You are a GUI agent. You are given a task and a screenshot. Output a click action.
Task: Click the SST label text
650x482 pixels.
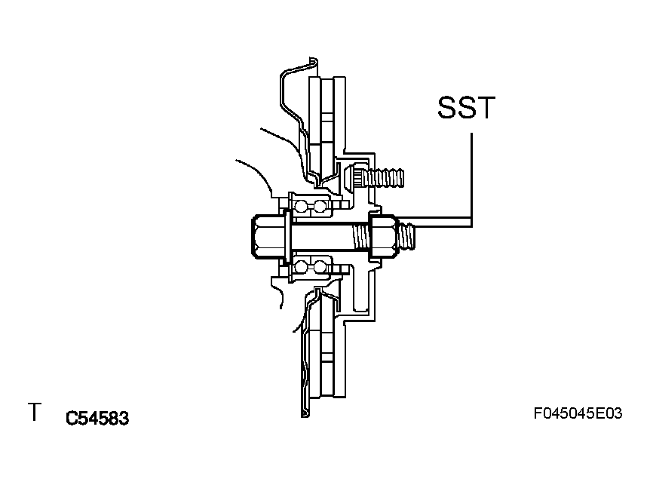click(466, 107)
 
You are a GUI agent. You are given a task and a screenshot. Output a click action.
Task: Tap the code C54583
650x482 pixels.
click(97, 418)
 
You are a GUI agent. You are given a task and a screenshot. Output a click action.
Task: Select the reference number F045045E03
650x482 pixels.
click(578, 413)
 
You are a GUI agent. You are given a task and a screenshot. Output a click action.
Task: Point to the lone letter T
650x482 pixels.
click(35, 412)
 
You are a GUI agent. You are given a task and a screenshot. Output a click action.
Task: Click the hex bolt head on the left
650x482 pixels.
click(268, 237)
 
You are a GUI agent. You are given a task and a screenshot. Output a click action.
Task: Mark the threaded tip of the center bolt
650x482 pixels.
click(406, 235)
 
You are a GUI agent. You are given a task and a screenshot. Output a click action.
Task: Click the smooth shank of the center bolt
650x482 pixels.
click(322, 237)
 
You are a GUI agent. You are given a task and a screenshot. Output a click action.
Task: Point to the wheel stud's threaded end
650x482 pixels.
click(384, 178)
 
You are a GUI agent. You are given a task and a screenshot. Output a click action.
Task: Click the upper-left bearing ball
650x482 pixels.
click(301, 206)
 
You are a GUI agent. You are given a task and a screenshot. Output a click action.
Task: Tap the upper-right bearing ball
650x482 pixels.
click(320, 206)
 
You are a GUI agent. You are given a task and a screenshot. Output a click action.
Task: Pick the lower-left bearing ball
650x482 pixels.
click(301, 266)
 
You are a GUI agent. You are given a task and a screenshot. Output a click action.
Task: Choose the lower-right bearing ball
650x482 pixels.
click(320, 266)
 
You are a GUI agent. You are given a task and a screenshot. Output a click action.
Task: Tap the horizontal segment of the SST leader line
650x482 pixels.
click(434, 222)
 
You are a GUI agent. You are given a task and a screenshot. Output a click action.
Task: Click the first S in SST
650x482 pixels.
click(448, 107)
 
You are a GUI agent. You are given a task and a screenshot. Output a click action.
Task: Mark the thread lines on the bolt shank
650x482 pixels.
click(361, 237)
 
